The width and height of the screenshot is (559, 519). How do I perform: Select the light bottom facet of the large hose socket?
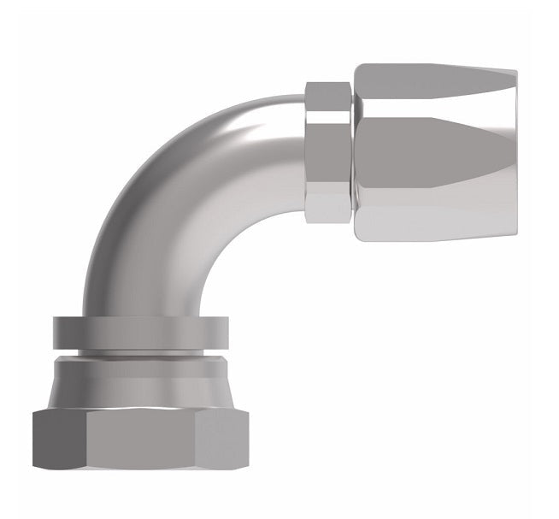click(x=436, y=214)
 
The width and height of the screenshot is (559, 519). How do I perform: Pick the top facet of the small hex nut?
click(x=328, y=97)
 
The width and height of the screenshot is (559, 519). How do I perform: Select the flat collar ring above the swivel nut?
click(x=141, y=330)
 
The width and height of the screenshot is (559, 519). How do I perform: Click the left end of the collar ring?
click(x=56, y=330)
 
